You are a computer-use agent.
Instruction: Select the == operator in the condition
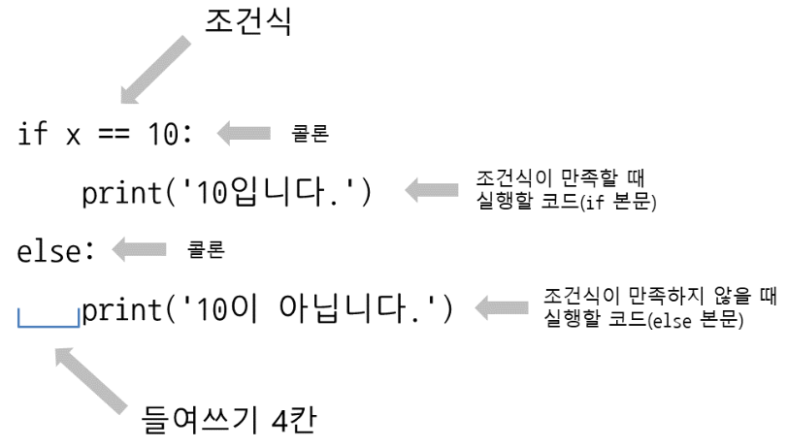pos(114,135)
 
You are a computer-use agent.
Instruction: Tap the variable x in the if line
pos(72,136)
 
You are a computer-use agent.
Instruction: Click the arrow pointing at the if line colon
pos(244,136)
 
